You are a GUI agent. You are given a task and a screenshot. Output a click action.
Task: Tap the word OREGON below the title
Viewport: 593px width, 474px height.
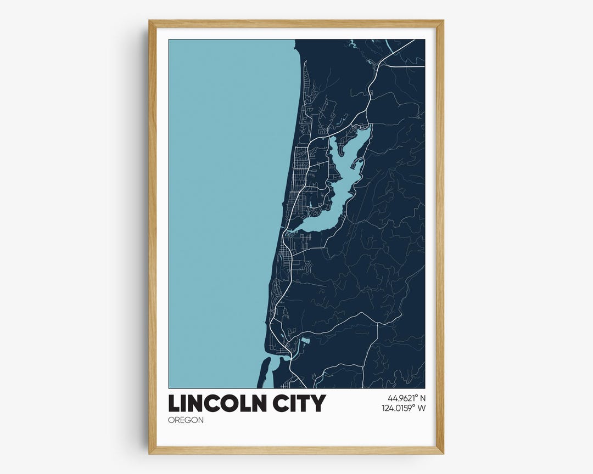click(x=186, y=420)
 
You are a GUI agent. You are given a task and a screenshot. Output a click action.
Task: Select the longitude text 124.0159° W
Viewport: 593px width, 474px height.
click(x=404, y=408)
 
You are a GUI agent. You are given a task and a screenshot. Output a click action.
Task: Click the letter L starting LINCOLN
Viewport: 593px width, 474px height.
click(x=174, y=403)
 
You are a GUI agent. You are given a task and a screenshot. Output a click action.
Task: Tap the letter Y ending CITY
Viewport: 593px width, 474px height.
click(x=318, y=403)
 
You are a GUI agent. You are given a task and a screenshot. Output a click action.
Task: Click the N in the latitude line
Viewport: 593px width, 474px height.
click(x=423, y=398)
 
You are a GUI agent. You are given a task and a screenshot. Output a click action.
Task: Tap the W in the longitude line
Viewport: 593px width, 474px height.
click(x=422, y=408)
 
